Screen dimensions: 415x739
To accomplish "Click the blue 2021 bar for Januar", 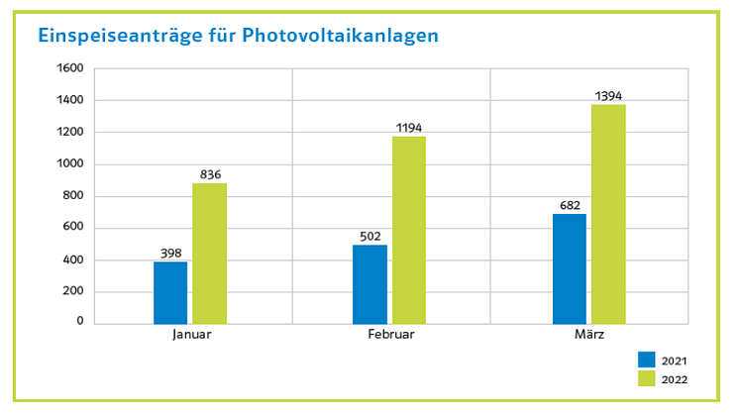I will pyautogui.click(x=170, y=292).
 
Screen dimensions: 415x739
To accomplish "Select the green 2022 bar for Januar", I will pyautogui.click(x=209, y=254).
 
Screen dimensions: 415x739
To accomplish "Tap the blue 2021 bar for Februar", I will pyautogui.click(x=369, y=284).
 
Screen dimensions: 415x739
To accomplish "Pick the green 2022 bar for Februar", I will pyautogui.click(x=408, y=230).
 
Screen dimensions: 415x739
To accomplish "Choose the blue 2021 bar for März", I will pyautogui.click(x=569, y=268).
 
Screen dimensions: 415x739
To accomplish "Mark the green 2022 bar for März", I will pyautogui.click(x=608, y=214).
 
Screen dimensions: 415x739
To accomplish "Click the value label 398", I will pyautogui.click(x=170, y=254).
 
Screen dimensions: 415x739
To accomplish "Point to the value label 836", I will pyautogui.click(x=210, y=175).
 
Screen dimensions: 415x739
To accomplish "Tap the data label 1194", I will pyautogui.click(x=408, y=128).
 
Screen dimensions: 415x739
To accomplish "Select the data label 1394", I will pyautogui.click(x=608, y=96).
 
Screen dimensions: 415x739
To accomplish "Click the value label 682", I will pyautogui.click(x=569, y=206).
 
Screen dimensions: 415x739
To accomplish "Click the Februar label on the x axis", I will pyautogui.click(x=390, y=335).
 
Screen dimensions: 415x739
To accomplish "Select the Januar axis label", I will pyautogui.click(x=191, y=335).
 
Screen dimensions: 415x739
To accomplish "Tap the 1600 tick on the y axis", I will pyautogui.click(x=71, y=68).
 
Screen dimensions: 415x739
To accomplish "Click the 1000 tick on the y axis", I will pyautogui.click(x=71, y=163).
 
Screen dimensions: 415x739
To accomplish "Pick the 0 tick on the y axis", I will pyautogui.click(x=80, y=322).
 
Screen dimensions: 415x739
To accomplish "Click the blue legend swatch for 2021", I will pyautogui.click(x=647, y=360).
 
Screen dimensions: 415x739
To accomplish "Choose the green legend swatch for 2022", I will pyautogui.click(x=647, y=377).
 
